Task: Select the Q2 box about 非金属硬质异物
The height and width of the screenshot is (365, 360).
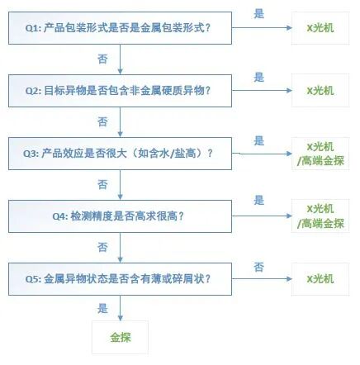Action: pos(121,90)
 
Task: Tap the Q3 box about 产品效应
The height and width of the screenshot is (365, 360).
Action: pos(121,152)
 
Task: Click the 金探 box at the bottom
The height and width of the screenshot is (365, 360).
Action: pos(121,338)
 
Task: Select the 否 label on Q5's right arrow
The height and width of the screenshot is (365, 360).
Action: pos(258,266)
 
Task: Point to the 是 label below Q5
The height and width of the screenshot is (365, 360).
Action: pos(102,308)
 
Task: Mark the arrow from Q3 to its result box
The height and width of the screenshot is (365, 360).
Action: pos(261,152)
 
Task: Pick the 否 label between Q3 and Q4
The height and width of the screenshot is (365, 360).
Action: pos(102,183)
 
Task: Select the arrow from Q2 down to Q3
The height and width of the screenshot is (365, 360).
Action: pos(121,121)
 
